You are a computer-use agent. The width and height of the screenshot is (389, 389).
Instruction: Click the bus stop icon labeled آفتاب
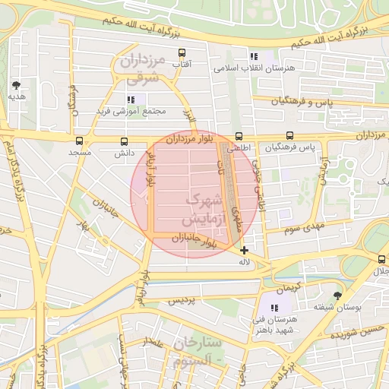click(182, 53)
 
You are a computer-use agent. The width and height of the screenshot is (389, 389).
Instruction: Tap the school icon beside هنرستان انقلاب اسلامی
click(254, 56)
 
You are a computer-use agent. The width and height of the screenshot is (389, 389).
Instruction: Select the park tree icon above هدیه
click(17, 85)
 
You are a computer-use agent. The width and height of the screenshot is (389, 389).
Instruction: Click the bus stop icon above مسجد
click(80, 141)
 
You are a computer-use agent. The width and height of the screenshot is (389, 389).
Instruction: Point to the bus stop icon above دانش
click(124, 141)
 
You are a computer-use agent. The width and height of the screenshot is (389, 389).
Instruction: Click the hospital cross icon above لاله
click(244, 250)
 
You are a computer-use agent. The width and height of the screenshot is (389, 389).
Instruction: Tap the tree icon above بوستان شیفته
click(337, 296)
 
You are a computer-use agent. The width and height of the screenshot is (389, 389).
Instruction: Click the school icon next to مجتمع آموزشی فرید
click(131, 99)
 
